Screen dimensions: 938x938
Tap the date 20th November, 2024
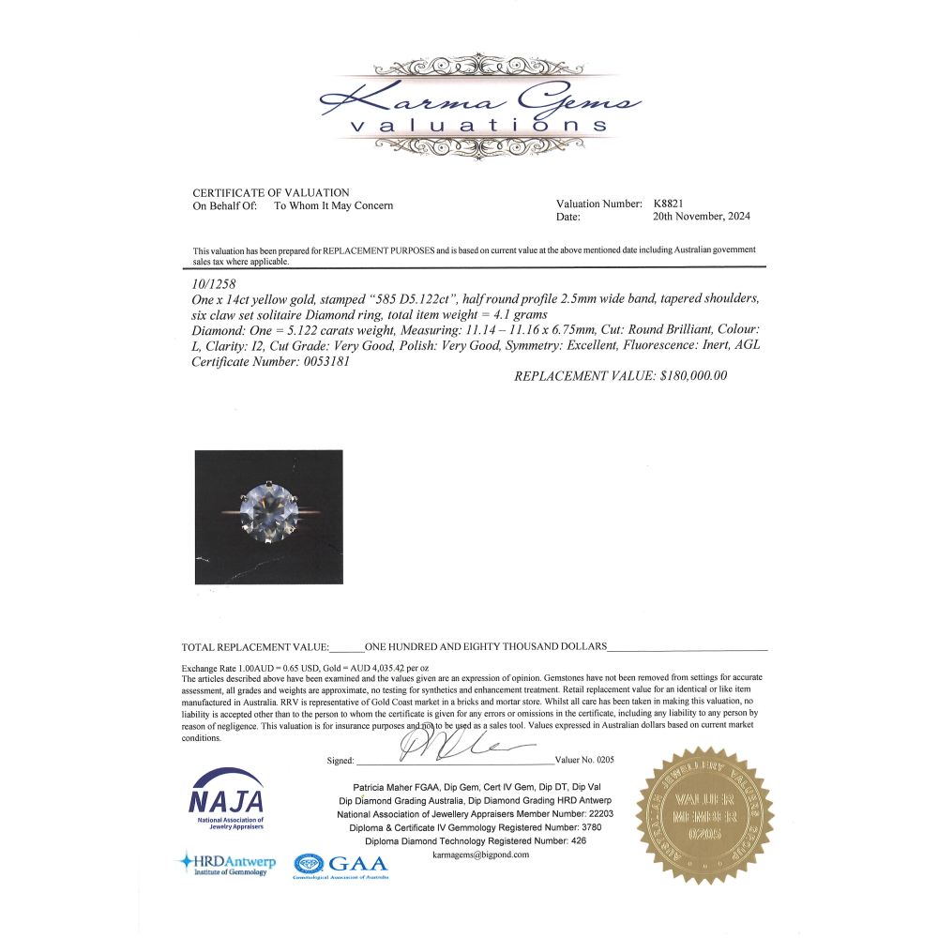[x=701, y=217]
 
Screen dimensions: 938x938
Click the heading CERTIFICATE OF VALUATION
[x=270, y=192]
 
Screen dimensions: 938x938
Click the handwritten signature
[x=450, y=748]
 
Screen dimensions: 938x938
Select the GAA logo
[x=340, y=865]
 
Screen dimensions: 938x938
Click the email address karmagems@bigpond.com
[x=481, y=855]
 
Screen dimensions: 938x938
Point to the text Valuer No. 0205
[x=585, y=761]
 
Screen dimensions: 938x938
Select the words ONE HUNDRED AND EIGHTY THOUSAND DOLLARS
[x=485, y=647]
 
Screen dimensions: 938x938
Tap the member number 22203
[x=596, y=814]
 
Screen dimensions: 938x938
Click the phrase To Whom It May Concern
[x=333, y=205]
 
